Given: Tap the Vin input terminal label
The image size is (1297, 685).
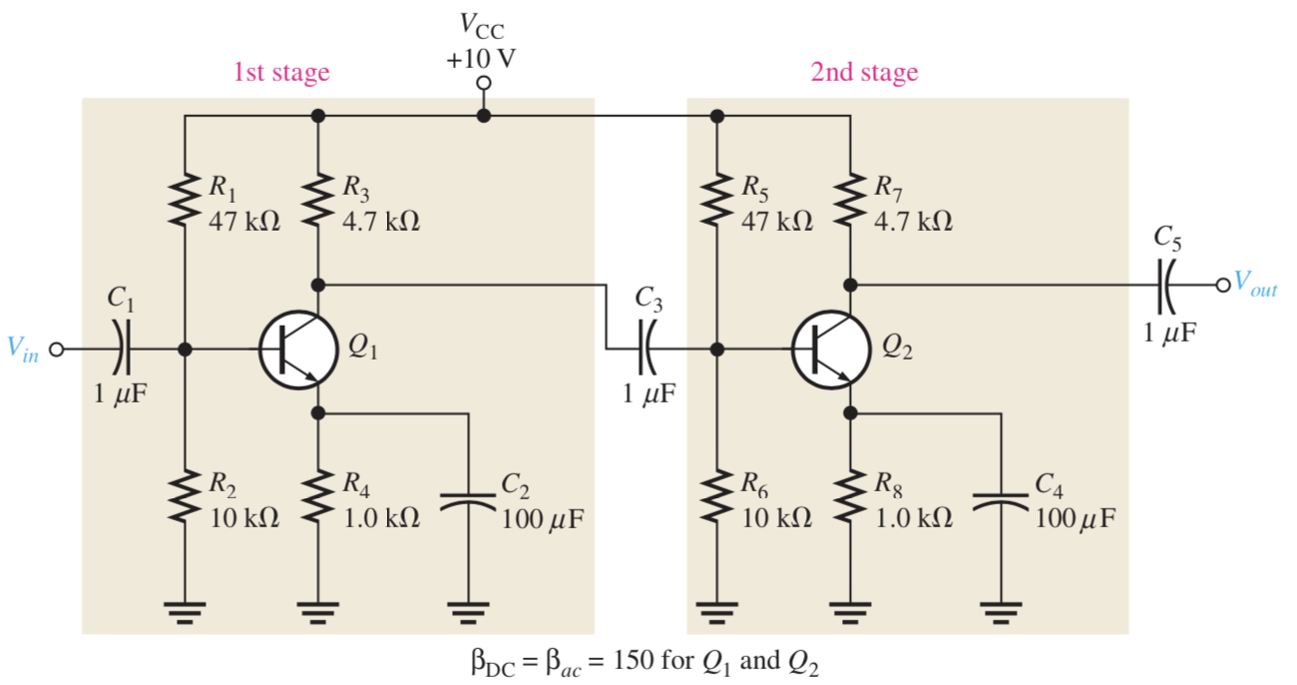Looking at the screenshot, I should pos(23,348).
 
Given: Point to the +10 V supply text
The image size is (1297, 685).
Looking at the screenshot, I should pos(482,58).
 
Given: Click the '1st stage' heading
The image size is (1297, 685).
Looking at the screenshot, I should pos(280,72).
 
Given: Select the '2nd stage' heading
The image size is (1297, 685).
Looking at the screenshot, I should pos(864,72).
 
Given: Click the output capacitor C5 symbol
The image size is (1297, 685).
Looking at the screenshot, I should pos(1165,285).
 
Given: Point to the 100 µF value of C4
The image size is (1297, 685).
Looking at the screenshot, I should pos(1075,519).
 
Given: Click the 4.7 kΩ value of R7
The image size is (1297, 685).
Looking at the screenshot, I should pos(913,221).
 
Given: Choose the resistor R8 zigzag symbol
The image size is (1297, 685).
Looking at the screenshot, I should pos(850,499).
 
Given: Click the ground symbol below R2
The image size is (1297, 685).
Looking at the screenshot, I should pos(185,610).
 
